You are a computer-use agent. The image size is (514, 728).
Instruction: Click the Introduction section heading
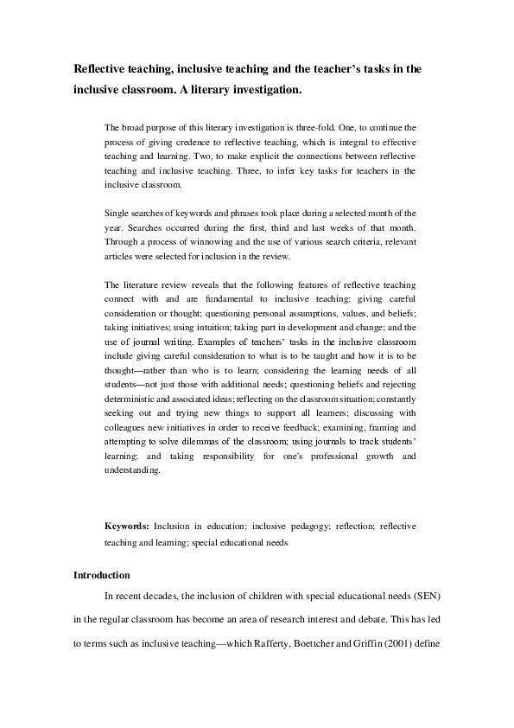point(101,574)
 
